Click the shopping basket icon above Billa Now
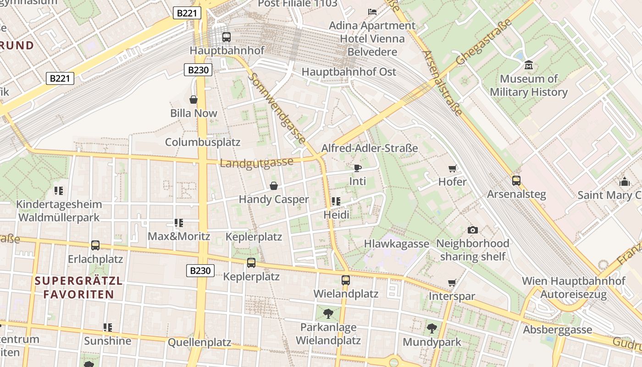194,100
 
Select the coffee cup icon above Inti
357,168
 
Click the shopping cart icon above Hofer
452,168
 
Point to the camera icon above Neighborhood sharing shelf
472,230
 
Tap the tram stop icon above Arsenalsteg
516,181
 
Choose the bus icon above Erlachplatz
95,245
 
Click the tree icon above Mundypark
432,328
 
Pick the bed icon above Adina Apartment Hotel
372,11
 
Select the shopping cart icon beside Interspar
452,283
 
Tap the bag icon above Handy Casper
274,186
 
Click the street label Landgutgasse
256,163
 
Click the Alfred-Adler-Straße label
370,148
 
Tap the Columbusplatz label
203,142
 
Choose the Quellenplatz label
199,342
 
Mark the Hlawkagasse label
397,244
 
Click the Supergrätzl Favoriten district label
79,288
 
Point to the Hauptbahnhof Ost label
349,72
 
